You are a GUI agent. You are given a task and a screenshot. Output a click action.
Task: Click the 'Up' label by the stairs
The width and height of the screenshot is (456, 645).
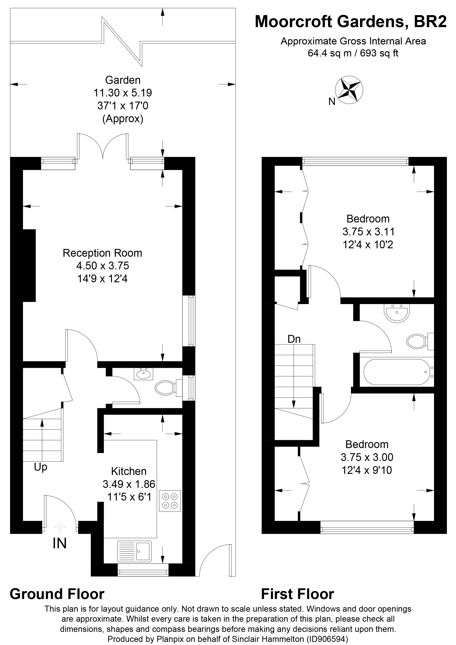[40, 467]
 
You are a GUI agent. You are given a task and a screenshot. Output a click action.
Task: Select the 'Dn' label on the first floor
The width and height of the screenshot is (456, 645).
[294, 339]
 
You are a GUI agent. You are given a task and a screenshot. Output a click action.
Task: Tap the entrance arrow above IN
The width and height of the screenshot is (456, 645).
[60, 527]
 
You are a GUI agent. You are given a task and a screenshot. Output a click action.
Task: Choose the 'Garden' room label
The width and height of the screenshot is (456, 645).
[123, 80]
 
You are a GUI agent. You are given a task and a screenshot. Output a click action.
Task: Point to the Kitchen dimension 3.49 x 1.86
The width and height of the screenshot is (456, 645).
[129, 484]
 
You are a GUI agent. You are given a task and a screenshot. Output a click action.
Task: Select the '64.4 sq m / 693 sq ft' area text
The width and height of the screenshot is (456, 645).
[353, 53]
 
